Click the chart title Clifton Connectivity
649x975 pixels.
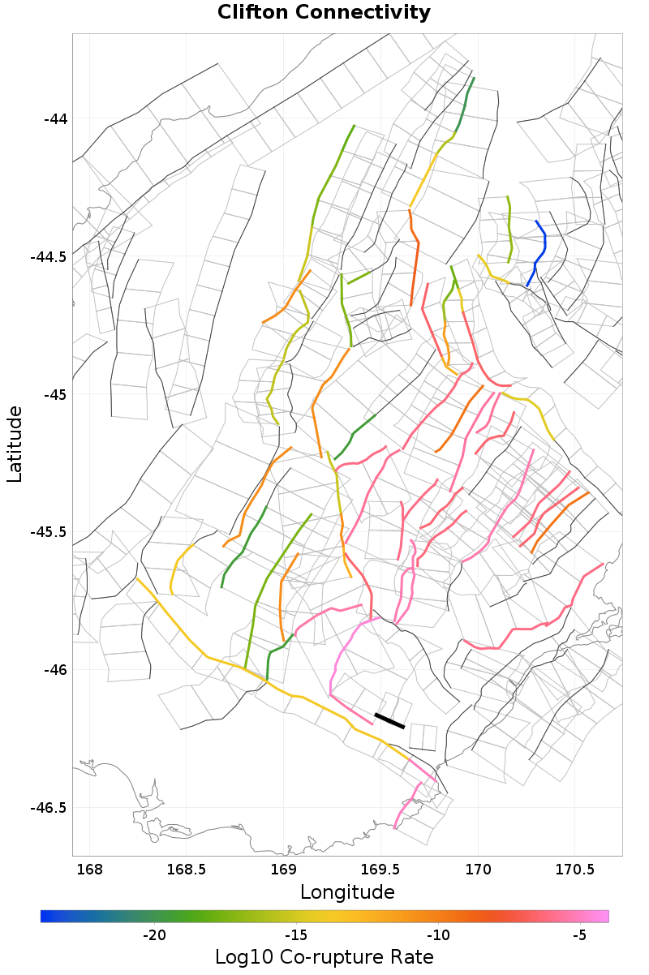(x=324, y=13)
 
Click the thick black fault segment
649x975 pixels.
(x=389, y=720)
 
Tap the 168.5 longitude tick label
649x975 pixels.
(x=186, y=870)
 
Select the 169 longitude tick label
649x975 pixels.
(x=283, y=870)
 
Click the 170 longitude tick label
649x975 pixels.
(x=477, y=870)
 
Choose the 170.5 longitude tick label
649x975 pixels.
(x=574, y=870)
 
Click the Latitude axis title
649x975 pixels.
(x=15, y=445)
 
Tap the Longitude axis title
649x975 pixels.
(x=347, y=892)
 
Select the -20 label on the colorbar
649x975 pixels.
(x=154, y=935)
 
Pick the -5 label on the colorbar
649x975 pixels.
(x=579, y=935)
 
